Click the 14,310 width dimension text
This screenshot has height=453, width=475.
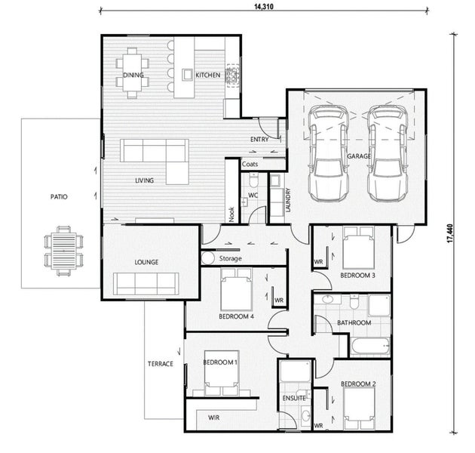[x=264, y=6]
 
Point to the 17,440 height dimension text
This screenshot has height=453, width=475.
[x=449, y=233]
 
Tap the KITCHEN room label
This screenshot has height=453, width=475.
[x=208, y=75]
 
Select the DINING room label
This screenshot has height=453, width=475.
[x=133, y=75]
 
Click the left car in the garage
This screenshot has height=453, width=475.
[x=328, y=153]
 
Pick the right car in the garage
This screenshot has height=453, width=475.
[x=388, y=153]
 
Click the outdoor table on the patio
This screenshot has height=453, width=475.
[x=63, y=251]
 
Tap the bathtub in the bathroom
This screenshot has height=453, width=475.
[x=370, y=347]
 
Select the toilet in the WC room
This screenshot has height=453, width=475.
[x=253, y=180]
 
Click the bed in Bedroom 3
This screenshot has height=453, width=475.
[x=358, y=248]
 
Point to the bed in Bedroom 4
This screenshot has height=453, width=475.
[x=236, y=289]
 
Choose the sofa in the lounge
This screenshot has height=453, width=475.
[x=146, y=284]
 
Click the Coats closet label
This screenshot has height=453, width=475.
[x=250, y=164]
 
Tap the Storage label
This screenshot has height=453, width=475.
[x=231, y=258]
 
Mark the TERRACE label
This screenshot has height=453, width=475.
[x=161, y=364]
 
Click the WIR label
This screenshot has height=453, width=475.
[x=214, y=418]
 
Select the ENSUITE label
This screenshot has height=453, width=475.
[x=294, y=398]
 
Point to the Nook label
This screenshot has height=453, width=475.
[x=231, y=214]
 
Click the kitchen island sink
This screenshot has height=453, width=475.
[x=187, y=74]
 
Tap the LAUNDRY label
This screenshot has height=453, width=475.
[x=288, y=200]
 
